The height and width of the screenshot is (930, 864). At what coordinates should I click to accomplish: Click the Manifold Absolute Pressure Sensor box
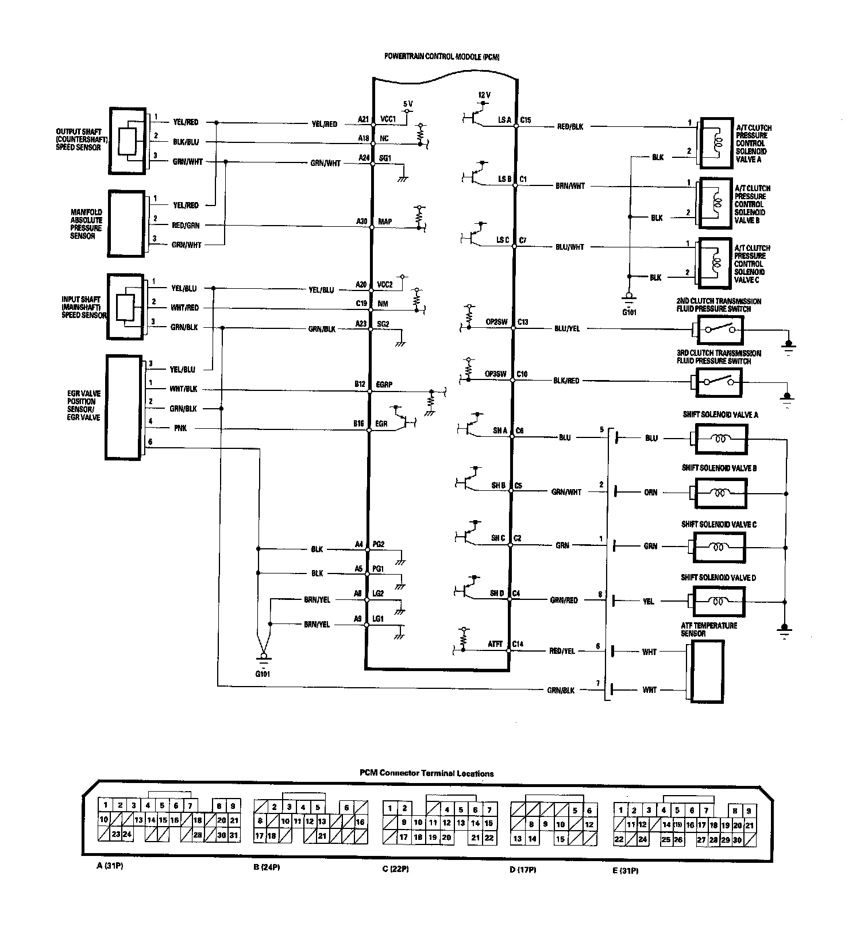[x=126, y=224]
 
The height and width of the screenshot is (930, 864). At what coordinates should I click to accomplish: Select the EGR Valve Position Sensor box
[x=124, y=407]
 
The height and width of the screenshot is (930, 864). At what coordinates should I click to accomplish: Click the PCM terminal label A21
[x=363, y=119]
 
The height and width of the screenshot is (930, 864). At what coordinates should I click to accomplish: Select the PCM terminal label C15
[x=525, y=120]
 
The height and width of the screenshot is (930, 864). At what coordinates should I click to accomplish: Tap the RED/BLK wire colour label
[x=570, y=127]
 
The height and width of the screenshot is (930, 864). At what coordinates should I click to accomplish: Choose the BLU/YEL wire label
[x=566, y=329]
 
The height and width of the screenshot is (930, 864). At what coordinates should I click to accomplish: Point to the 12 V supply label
[x=484, y=95]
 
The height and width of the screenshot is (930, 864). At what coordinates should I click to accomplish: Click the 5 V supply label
[x=408, y=103]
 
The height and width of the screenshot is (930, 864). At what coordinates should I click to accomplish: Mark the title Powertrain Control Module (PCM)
[x=442, y=57]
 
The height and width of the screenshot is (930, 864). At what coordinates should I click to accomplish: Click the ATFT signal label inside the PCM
[x=495, y=644]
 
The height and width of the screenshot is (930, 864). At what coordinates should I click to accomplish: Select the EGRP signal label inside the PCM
[x=384, y=384]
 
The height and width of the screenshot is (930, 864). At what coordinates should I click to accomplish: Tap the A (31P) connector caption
[x=109, y=866]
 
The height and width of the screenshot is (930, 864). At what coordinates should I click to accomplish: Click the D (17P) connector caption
[x=522, y=870]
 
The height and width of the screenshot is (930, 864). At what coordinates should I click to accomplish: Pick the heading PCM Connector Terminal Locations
[x=426, y=773]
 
